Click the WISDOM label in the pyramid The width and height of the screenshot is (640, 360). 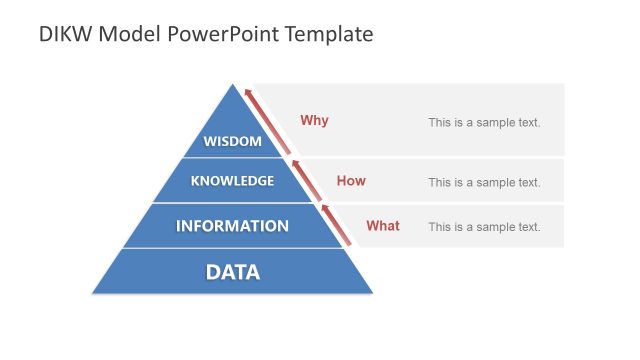point(232,141)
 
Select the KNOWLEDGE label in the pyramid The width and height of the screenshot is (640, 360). point(232,181)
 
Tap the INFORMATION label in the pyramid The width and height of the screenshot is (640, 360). point(232,226)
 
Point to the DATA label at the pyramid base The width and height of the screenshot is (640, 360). point(232,271)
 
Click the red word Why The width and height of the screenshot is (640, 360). point(314,121)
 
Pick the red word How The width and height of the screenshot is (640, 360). point(351,181)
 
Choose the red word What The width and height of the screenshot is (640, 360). point(382,226)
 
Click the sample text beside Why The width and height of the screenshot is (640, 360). point(484,123)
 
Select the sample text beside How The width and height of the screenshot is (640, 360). point(484,182)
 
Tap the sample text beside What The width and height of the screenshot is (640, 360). point(484,227)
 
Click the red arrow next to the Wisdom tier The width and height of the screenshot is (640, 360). point(268,123)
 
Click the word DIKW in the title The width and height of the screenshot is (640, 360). point(65,34)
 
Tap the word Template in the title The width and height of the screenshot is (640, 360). point(328,34)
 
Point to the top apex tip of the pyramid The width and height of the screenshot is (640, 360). point(232,85)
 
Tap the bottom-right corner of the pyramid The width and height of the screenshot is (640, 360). point(372,293)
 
